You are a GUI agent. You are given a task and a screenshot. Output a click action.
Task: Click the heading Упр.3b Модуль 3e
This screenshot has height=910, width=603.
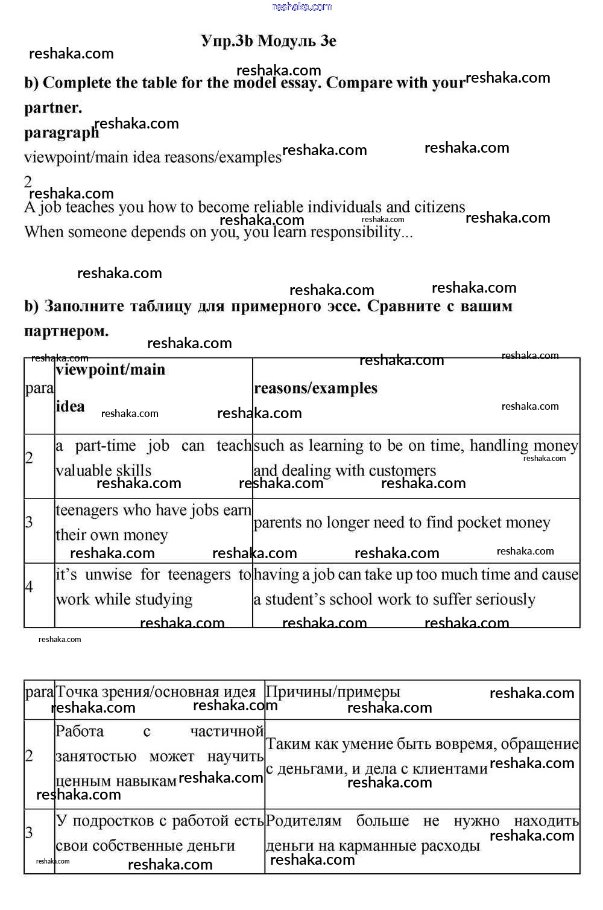pos(268,41)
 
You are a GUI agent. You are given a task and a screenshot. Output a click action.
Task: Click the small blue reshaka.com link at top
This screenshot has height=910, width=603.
pos(301,7)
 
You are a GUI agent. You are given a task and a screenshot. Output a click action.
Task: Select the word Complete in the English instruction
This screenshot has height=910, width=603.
pos(77,83)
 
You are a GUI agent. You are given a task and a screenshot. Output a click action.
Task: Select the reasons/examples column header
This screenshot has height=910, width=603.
pos(315,388)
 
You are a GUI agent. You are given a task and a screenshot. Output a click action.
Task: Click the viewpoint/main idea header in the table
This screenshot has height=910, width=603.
pos(110,387)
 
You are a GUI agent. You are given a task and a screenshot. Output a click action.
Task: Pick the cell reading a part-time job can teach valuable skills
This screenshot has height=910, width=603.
pos(153,459)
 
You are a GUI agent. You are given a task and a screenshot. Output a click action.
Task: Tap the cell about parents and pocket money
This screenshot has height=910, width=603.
pos(402,523)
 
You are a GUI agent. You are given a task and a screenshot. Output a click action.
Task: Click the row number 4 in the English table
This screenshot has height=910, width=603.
pos(29,587)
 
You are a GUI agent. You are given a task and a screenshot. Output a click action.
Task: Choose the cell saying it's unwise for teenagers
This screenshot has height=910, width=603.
pos(153,587)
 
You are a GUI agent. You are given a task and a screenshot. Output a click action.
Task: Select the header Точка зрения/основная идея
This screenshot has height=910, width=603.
pos(156,692)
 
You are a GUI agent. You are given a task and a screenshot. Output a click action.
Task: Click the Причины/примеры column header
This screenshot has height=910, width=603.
pos(333,692)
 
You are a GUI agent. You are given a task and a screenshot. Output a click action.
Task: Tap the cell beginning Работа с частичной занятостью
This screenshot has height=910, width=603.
pos(159,756)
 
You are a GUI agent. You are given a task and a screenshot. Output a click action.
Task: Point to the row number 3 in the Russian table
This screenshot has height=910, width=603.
pos(29,833)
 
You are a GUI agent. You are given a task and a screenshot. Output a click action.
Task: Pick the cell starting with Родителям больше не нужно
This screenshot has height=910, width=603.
pos(421,833)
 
